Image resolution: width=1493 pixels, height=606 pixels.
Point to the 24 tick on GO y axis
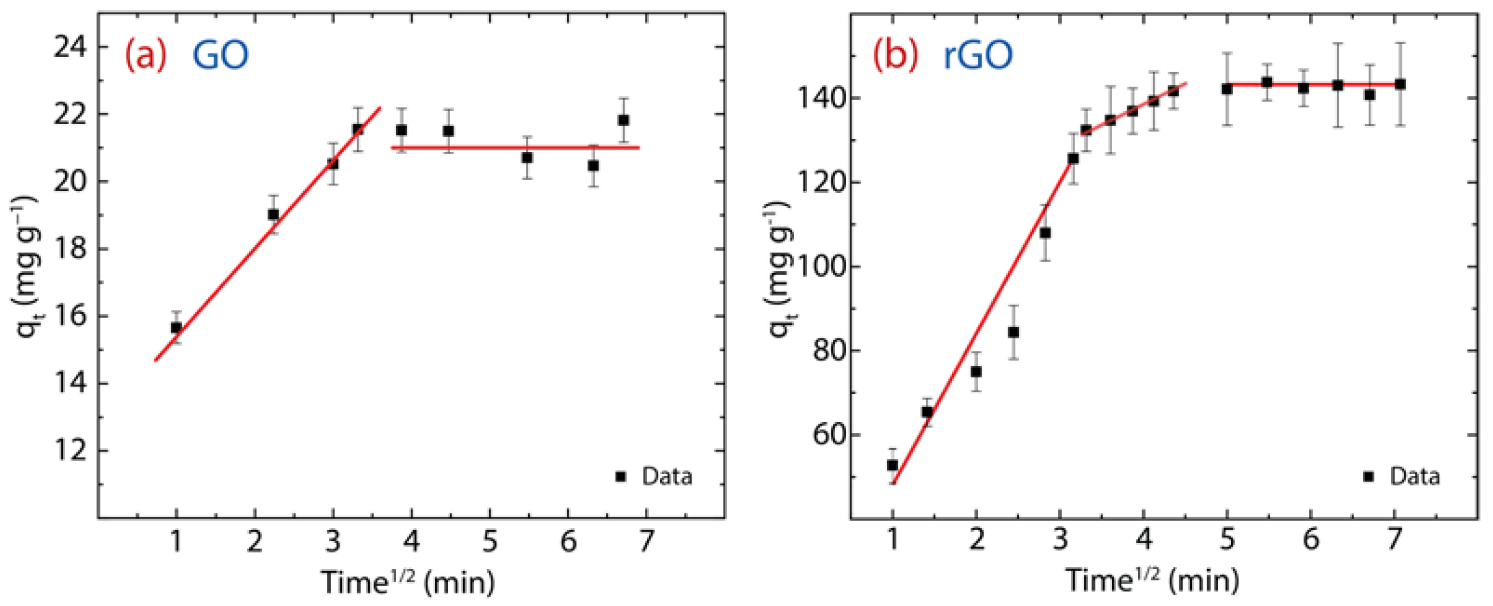coord(69,47)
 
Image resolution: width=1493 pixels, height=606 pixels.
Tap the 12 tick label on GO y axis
coord(69,451)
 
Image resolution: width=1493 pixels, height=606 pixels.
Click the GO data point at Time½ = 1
coord(176,328)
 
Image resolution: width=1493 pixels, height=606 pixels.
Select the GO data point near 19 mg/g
coord(273,215)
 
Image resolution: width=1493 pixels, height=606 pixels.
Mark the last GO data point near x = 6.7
coord(624,121)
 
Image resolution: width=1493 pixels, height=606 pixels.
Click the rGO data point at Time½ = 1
coord(893,465)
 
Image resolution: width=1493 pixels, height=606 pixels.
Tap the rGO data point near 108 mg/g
coord(1045,233)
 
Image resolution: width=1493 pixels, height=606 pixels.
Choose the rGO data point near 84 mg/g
coord(1013,332)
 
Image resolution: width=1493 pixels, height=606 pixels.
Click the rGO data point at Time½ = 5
coord(1227,89)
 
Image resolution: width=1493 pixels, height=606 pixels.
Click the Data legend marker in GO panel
coord(621,477)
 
